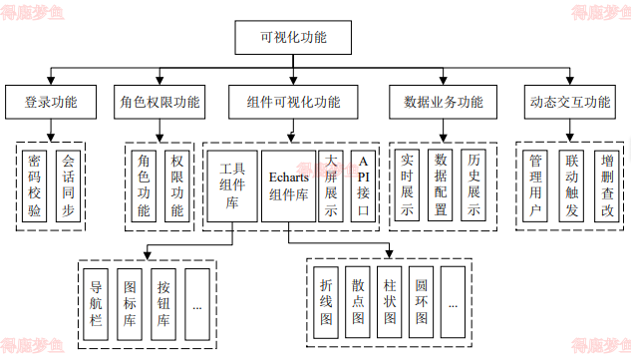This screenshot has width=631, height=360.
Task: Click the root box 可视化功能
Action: [x=292, y=38]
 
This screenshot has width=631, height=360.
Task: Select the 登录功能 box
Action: [x=50, y=102]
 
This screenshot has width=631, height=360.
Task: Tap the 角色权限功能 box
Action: [x=159, y=102]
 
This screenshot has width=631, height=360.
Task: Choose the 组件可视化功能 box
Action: [x=292, y=102]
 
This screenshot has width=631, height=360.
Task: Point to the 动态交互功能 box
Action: [x=569, y=102]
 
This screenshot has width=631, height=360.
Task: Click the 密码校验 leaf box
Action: [x=35, y=185]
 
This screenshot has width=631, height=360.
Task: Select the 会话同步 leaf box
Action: [x=68, y=185]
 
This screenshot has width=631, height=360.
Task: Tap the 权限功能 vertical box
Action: [x=176, y=185]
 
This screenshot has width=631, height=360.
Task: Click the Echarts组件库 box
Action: [x=288, y=185]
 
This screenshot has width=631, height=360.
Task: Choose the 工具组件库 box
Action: [x=231, y=185]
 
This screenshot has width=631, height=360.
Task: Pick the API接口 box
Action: [x=363, y=185]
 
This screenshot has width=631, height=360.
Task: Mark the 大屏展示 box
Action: [x=331, y=185]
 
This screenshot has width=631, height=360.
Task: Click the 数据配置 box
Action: [x=442, y=185]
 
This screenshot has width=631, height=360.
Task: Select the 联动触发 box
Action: [x=571, y=185]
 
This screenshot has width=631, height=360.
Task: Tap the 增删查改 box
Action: [x=605, y=185]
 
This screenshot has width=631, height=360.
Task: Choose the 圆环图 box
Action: [x=422, y=302]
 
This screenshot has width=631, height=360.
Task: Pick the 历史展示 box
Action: [x=474, y=185]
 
